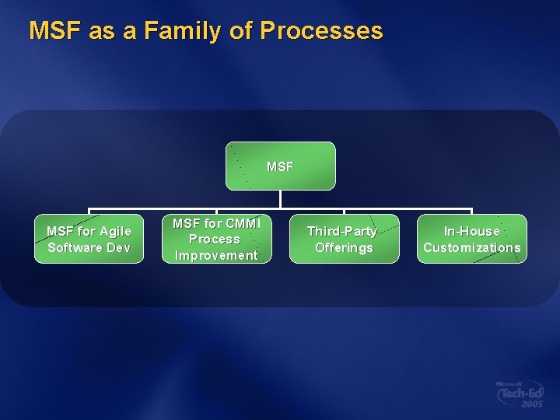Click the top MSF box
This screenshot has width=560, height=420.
(280, 166)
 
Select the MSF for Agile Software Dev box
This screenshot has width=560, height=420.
(89, 239)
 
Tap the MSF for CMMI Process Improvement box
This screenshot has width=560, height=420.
(215, 239)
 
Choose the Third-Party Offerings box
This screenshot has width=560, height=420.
(344, 239)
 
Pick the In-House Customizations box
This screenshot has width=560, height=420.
(471, 239)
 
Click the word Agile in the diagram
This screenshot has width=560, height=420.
(115, 231)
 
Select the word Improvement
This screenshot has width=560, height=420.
(215, 255)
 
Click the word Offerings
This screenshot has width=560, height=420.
(344, 247)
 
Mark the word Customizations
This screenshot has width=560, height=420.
(471, 247)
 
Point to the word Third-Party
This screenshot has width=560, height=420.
(342, 231)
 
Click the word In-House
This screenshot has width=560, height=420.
(471, 231)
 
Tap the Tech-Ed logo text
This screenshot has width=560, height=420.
(522, 394)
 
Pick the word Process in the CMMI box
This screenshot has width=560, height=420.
(215, 239)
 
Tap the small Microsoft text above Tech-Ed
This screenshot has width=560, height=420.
(509, 384)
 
